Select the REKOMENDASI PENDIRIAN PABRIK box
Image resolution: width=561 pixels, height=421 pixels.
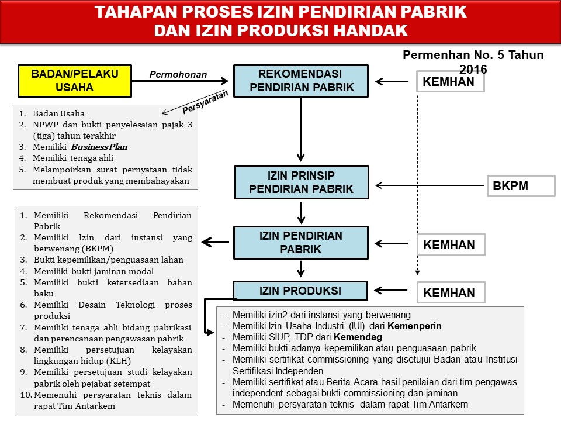click(301, 81)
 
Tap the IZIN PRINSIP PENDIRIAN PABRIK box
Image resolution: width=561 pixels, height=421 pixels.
click(301, 182)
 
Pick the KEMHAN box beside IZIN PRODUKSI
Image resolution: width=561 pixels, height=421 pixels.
click(449, 292)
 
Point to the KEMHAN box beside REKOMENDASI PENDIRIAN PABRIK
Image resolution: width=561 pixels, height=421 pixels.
click(449, 82)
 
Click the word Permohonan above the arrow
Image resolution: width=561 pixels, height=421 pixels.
click(178, 74)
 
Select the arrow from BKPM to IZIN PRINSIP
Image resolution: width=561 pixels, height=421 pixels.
click(430, 186)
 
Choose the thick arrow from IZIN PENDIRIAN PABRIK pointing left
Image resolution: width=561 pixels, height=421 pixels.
click(214, 242)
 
